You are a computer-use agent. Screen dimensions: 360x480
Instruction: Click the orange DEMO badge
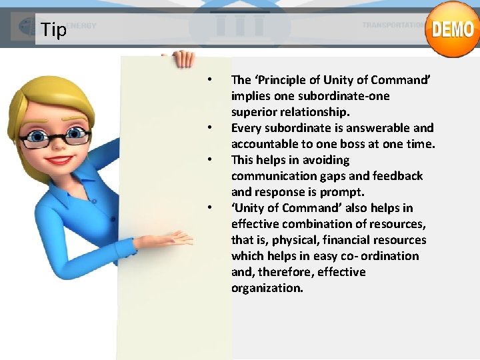tap(452, 29)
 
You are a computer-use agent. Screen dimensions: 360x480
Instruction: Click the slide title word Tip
tap(53, 30)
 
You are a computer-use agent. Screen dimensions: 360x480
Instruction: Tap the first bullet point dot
tap(209, 80)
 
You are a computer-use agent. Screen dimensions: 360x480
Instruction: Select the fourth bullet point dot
tap(209, 208)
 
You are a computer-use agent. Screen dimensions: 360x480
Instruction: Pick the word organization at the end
tap(267, 288)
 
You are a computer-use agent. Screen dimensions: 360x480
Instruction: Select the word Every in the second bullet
tap(245, 128)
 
